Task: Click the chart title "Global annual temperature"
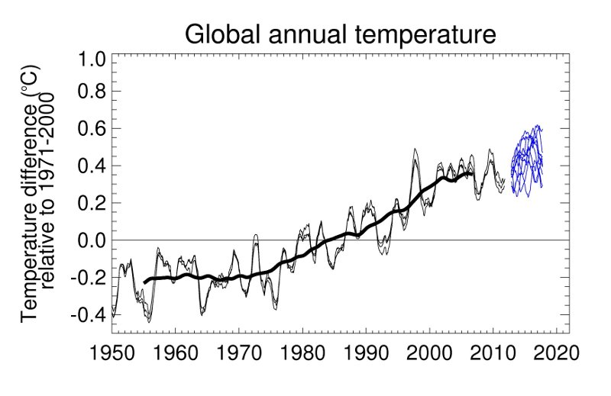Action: click(341, 34)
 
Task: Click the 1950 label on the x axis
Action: click(112, 356)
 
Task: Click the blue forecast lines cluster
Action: click(527, 160)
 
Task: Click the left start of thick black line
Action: click(144, 282)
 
